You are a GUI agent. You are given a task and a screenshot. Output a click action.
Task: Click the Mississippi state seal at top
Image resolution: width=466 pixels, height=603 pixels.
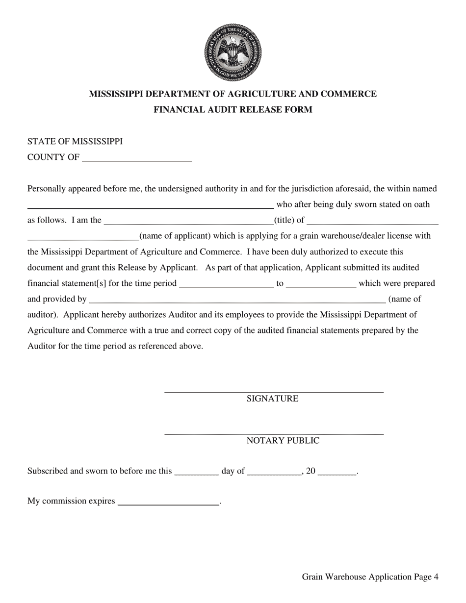(x=233, y=52)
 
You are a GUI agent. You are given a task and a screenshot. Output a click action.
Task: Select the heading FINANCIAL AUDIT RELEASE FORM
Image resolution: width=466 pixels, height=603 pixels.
(x=233, y=110)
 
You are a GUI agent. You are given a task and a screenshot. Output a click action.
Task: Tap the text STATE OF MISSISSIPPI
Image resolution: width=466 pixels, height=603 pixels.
(x=75, y=142)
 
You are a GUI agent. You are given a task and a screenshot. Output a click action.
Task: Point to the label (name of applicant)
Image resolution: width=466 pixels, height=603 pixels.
(x=175, y=236)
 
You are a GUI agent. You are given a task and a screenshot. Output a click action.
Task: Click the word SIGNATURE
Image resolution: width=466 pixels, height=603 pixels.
(x=272, y=399)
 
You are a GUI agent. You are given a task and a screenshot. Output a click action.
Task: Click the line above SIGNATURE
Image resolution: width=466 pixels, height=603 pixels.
(x=274, y=392)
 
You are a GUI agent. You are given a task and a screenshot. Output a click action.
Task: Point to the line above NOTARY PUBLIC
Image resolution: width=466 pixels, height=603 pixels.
(x=274, y=434)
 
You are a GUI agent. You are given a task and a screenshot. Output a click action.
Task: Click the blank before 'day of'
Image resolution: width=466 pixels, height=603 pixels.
(x=197, y=473)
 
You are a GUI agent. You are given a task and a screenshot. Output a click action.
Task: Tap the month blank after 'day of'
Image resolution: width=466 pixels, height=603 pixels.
(x=274, y=473)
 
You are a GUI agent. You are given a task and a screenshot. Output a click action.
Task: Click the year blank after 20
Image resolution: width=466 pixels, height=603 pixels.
(x=337, y=473)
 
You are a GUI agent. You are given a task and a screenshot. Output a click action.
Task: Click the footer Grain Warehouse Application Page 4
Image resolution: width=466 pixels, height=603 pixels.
(x=370, y=577)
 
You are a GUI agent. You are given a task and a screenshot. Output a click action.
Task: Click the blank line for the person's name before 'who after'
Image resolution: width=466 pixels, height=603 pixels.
(x=150, y=206)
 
